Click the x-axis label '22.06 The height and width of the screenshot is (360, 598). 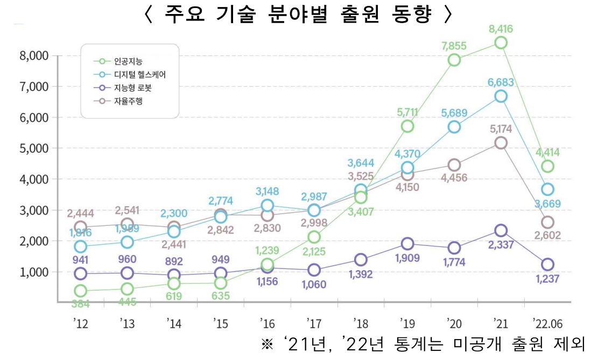547,323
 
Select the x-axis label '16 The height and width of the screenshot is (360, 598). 268,323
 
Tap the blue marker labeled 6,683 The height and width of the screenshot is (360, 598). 501,96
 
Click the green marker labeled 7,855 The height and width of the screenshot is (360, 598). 454,60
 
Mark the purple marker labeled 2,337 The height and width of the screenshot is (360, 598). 501,230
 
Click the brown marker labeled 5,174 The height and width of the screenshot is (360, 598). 501,143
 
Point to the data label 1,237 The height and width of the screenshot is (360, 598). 547,278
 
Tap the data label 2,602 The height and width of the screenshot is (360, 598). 547,235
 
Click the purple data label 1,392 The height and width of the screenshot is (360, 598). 361,274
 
